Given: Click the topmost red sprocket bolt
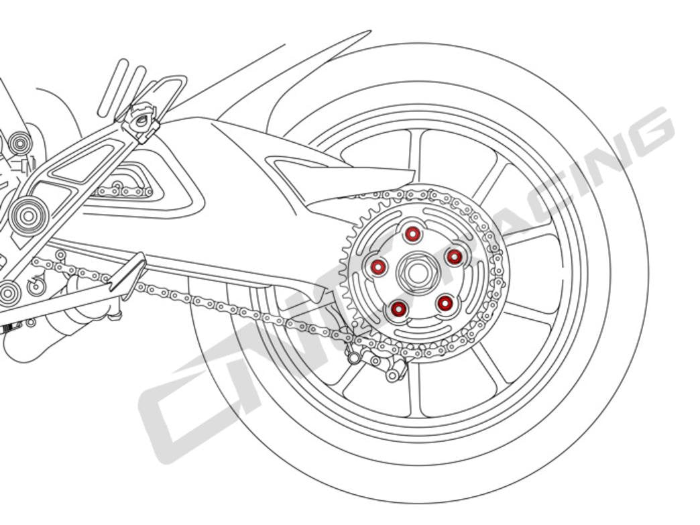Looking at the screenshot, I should [412, 234].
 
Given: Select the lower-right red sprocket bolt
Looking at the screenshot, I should [444, 304].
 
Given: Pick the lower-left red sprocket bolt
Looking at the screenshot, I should [398, 309].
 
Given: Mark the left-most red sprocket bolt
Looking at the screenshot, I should [378, 268].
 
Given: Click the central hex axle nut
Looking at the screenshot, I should [416, 272].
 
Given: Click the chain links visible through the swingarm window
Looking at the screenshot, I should [124, 192].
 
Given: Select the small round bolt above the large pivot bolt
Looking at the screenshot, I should [19, 143].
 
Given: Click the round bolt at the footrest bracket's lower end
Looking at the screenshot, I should [8, 292].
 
